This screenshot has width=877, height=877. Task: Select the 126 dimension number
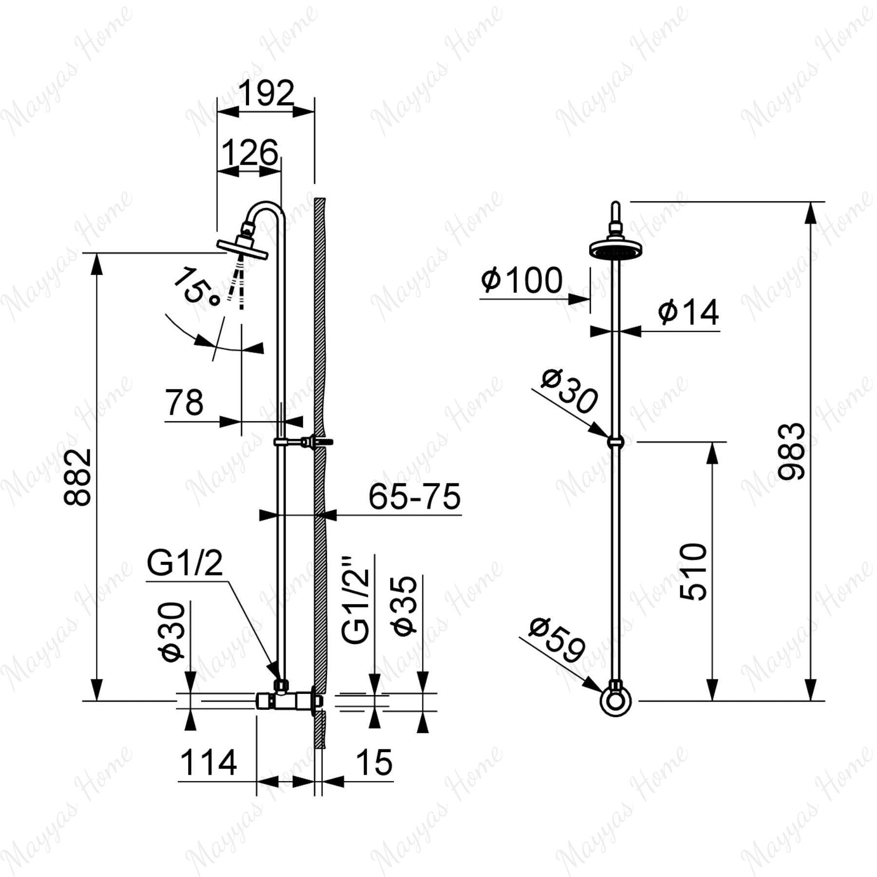(x=250, y=153)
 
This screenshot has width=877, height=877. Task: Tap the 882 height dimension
(x=78, y=477)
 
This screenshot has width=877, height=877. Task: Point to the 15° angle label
(x=197, y=287)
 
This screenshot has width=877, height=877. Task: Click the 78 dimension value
(x=184, y=403)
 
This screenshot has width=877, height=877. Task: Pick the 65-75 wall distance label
(x=414, y=496)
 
